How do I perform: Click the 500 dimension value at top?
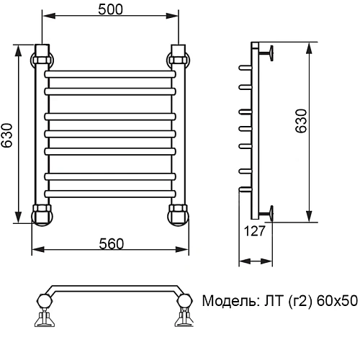coord(111,9)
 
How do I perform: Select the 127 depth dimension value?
coord(255,232)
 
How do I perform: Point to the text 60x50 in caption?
coord(338,300)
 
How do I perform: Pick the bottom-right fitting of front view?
coord(178,215)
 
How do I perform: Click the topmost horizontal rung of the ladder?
coord(110,74)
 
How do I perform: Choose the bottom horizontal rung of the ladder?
coord(110,192)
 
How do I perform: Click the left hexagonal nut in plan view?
coord(44,300)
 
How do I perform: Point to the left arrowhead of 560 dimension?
coord(36,251)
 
